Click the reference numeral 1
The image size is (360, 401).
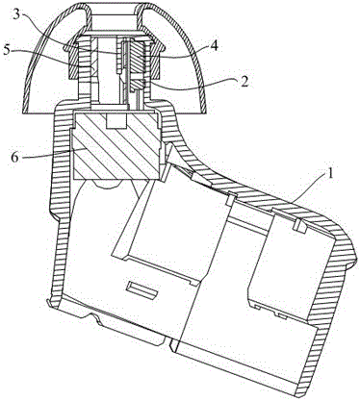click(x=331, y=176)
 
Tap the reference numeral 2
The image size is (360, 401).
click(x=244, y=82)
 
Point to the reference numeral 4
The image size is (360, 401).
click(x=214, y=46)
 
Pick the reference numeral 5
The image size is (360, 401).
click(x=7, y=51)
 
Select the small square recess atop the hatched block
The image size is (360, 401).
click(x=116, y=120)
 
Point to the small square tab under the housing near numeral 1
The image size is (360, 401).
click(x=300, y=225)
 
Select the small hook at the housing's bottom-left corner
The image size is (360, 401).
click(x=50, y=304)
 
